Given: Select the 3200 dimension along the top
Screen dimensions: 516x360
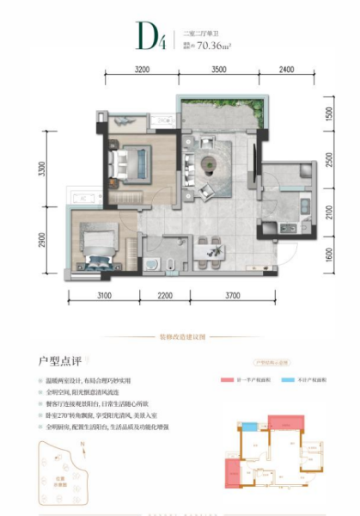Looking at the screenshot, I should pyautogui.click(x=143, y=70).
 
